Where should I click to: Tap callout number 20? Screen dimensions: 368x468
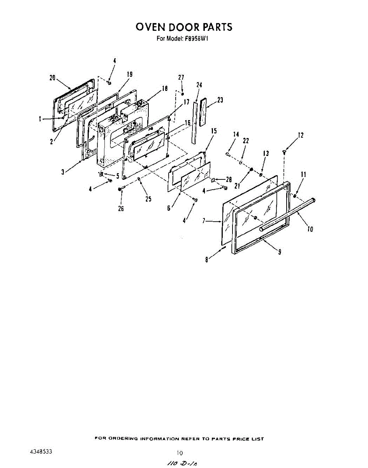[x=53, y=78]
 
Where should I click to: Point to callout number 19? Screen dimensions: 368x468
[x=130, y=74]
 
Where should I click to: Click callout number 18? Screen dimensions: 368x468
[x=165, y=89]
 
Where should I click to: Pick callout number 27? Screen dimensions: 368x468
[x=181, y=78]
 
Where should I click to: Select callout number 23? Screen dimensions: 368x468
[x=220, y=100]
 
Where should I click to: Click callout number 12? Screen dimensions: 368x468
[x=300, y=135]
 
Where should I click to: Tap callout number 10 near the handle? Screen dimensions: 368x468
[x=310, y=229]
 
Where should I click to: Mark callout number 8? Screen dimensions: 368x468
[x=206, y=259]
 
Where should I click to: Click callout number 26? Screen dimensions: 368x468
[x=121, y=208]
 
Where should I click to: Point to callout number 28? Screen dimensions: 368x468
[x=229, y=179]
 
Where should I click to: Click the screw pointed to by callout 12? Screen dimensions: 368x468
[x=284, y=151]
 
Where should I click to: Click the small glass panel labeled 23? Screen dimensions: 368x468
[x=202, y=113]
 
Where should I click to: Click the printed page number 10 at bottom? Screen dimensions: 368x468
[x=180, y=453]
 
